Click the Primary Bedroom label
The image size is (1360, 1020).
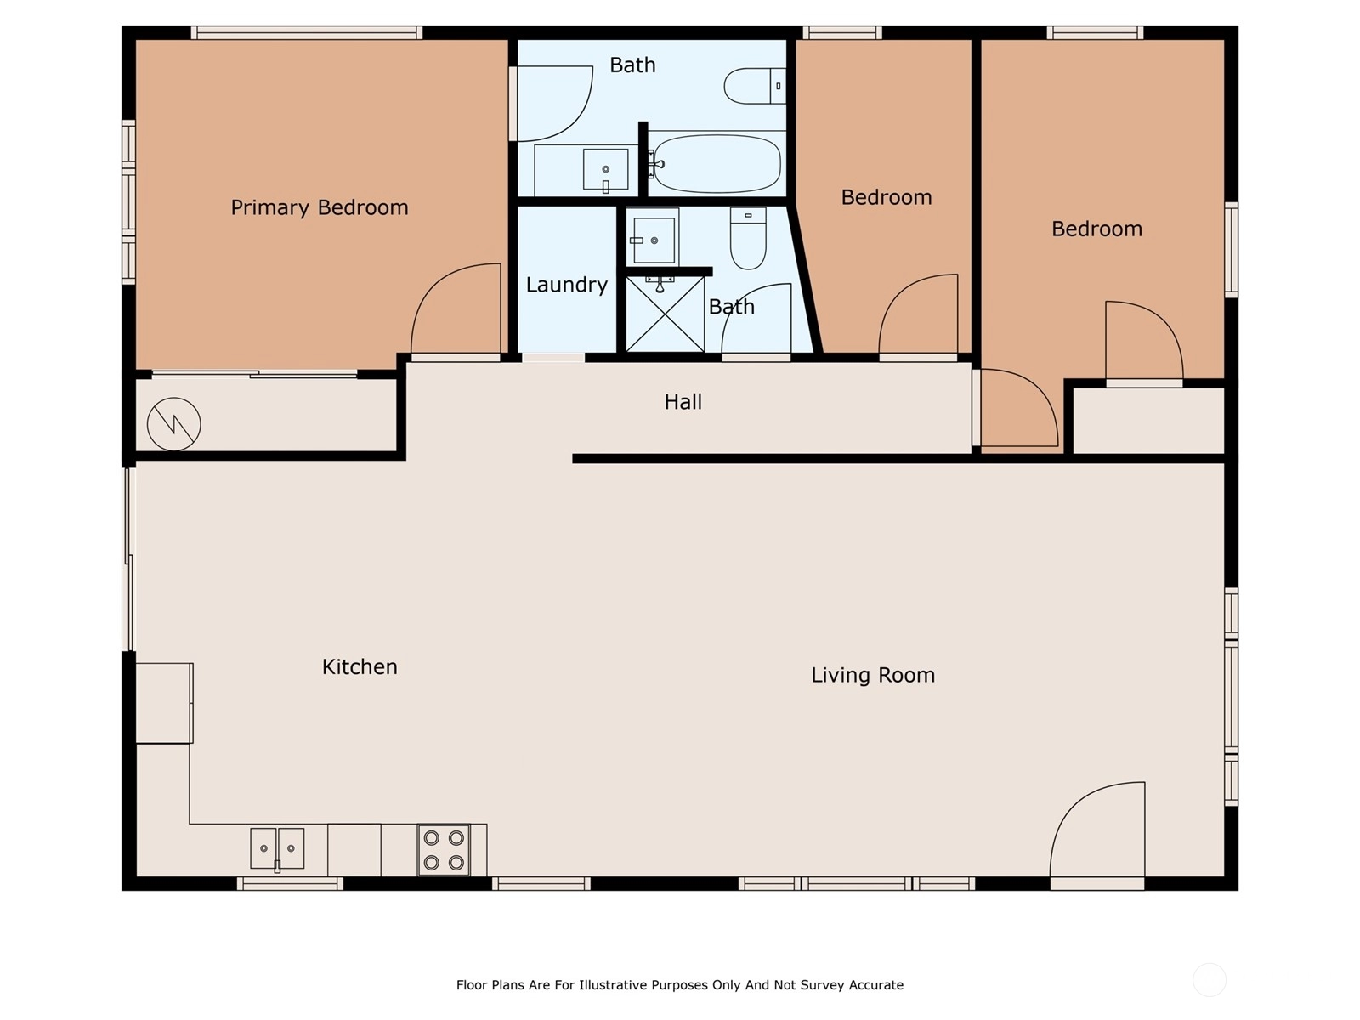point(319,207)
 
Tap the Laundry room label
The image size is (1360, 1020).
point(566,285)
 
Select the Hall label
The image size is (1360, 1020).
point(683,402)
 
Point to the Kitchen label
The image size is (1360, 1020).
point(360,667)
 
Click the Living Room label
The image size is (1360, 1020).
point(873,675)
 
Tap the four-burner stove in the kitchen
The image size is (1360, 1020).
point(444,850)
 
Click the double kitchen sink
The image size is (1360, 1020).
point(277,849)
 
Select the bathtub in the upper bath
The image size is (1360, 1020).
point(717,163)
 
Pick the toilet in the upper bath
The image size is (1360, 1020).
point(755,86)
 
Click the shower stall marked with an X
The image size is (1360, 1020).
point(665,314)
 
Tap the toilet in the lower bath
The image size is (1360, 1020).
point(748,239)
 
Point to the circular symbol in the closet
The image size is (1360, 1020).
point(173,424)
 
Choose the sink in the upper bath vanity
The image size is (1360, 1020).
point(605,170)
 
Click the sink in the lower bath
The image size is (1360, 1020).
point(654,241)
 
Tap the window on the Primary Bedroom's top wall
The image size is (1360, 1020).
point(307,33)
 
